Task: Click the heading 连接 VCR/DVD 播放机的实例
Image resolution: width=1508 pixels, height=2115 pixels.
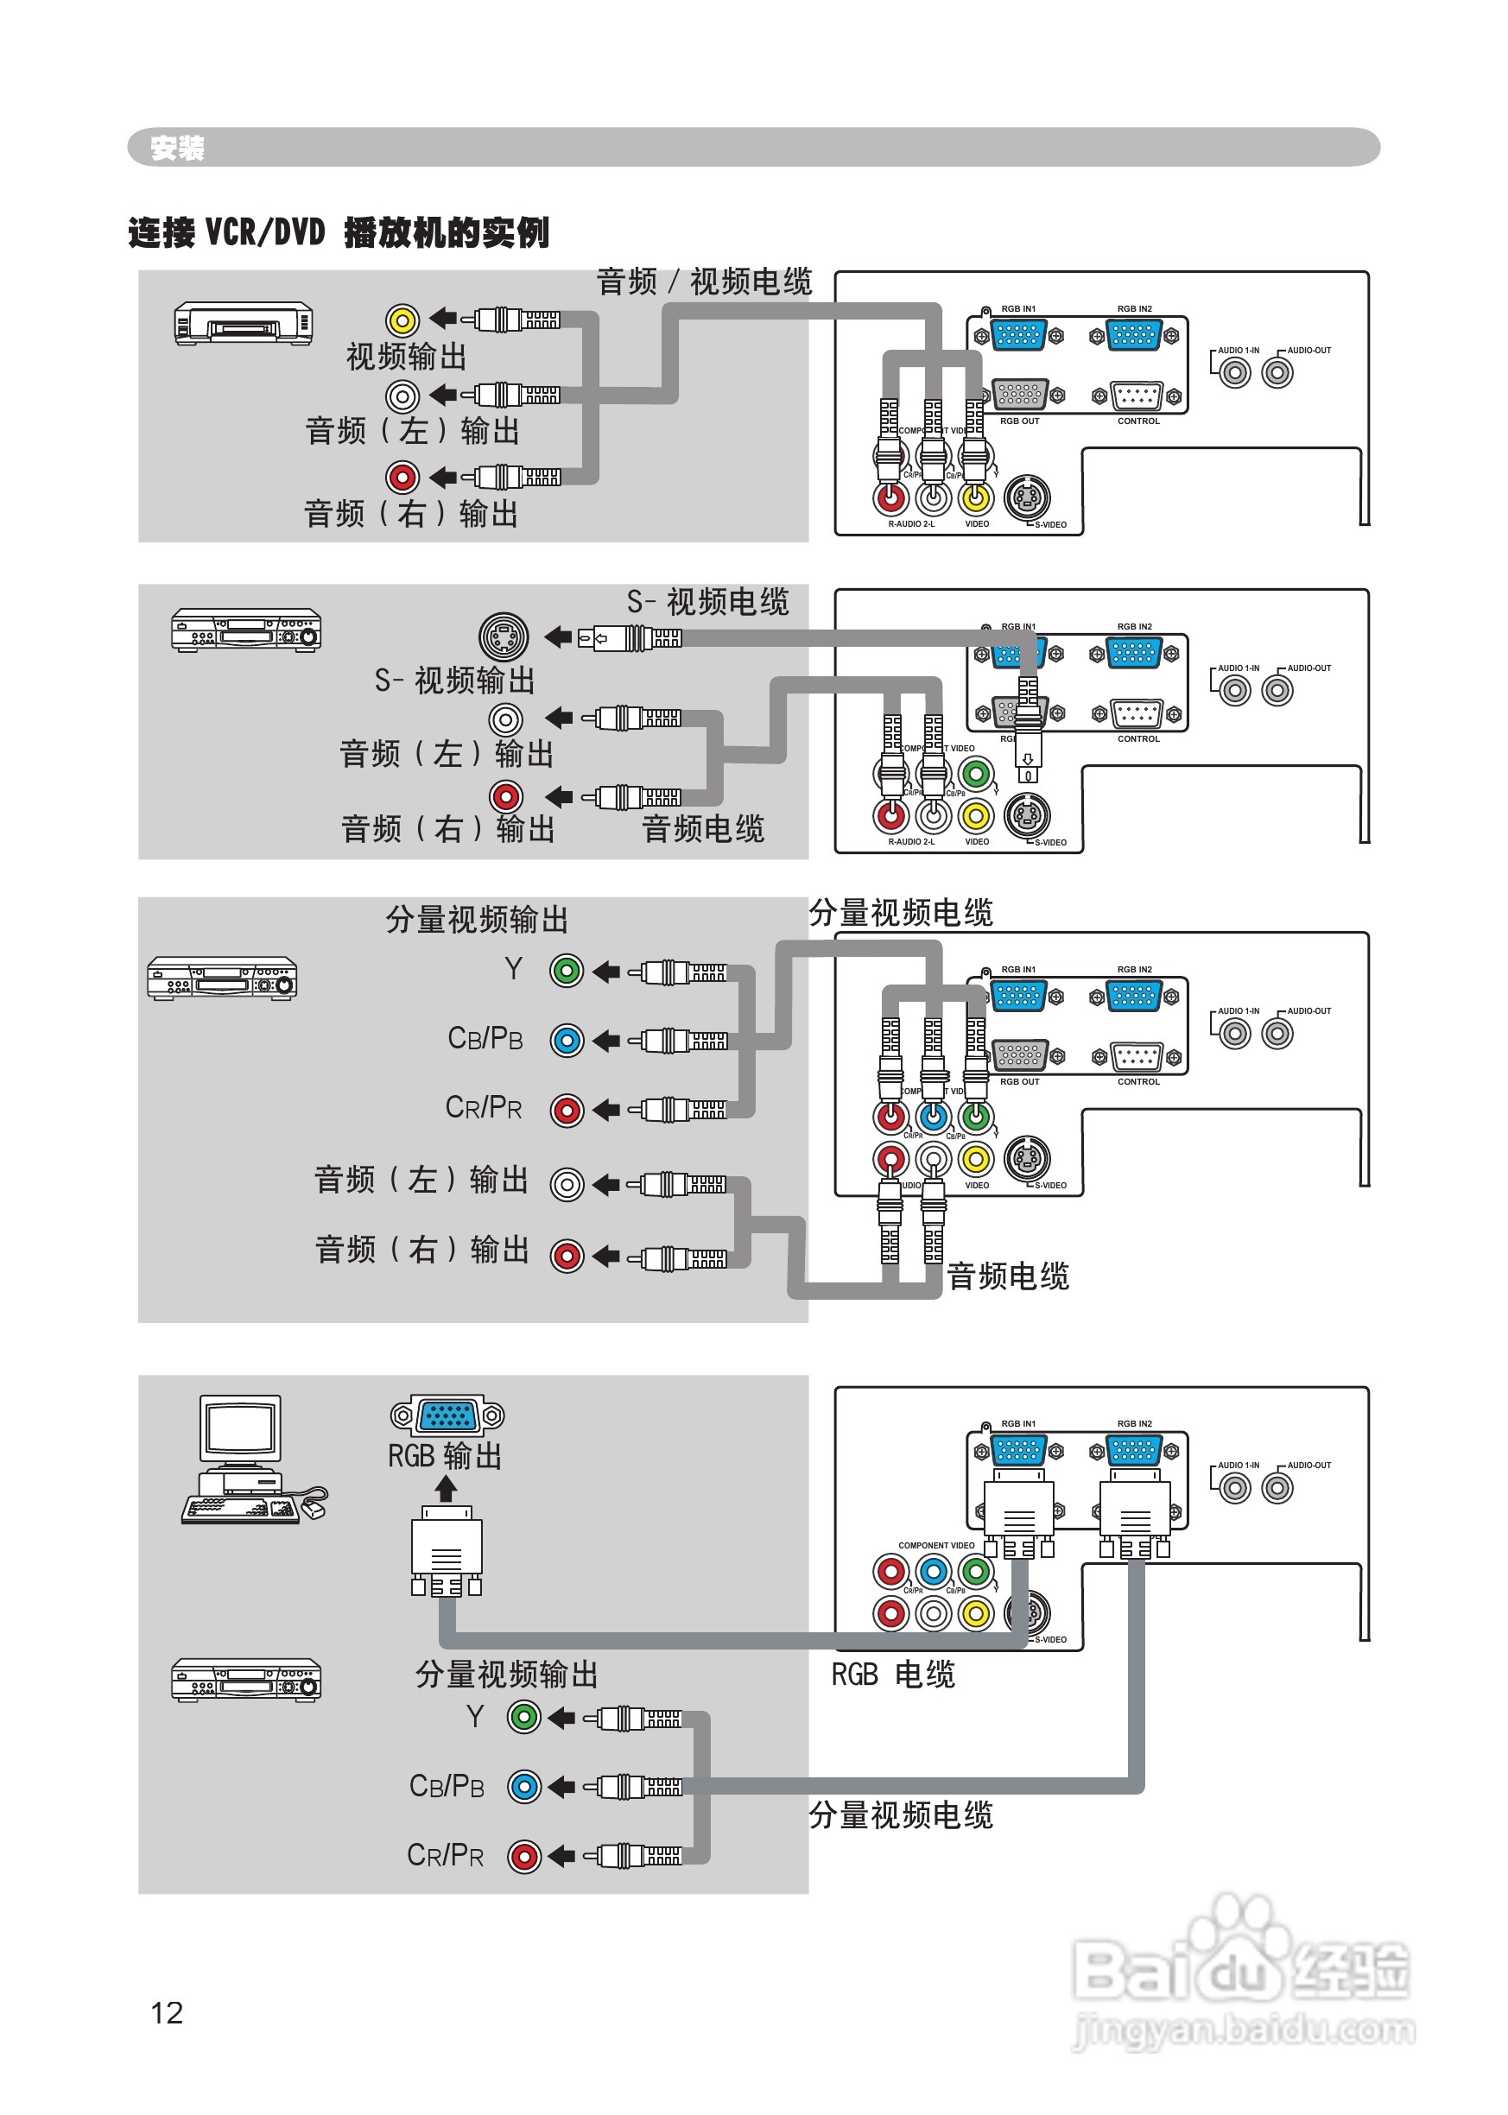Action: point(338,232)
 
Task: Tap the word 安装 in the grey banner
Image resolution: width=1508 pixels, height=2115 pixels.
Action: point(177,148)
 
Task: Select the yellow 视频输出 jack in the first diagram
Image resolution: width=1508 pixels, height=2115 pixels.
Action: point(402,320)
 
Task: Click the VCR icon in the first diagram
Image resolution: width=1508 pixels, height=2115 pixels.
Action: point(244,323)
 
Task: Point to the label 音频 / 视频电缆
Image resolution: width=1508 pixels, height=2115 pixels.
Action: point(703,282)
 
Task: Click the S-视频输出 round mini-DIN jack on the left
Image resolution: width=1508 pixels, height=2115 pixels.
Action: point(504,636)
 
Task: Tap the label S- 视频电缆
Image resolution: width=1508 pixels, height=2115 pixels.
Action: point(707,602)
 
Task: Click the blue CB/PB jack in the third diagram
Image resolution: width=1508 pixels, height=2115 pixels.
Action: point(567,1040)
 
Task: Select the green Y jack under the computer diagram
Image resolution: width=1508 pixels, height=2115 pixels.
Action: point(523,1717)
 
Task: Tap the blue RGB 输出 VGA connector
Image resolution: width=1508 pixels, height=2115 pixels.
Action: point(447,1415)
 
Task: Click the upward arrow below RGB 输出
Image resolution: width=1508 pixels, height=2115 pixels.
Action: point(446,1489)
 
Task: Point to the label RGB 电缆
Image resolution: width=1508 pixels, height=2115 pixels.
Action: point(892,1674)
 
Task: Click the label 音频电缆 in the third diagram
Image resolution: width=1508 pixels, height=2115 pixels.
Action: point(1008,1276)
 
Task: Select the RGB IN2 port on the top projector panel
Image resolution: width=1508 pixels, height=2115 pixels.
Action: point(1134,334)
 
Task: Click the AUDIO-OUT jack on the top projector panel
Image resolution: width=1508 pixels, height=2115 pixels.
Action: point(1277,373)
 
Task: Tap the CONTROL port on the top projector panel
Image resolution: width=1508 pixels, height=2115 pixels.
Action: point(1137,396)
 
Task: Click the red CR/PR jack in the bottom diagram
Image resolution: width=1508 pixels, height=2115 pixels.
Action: point(523,1857)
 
